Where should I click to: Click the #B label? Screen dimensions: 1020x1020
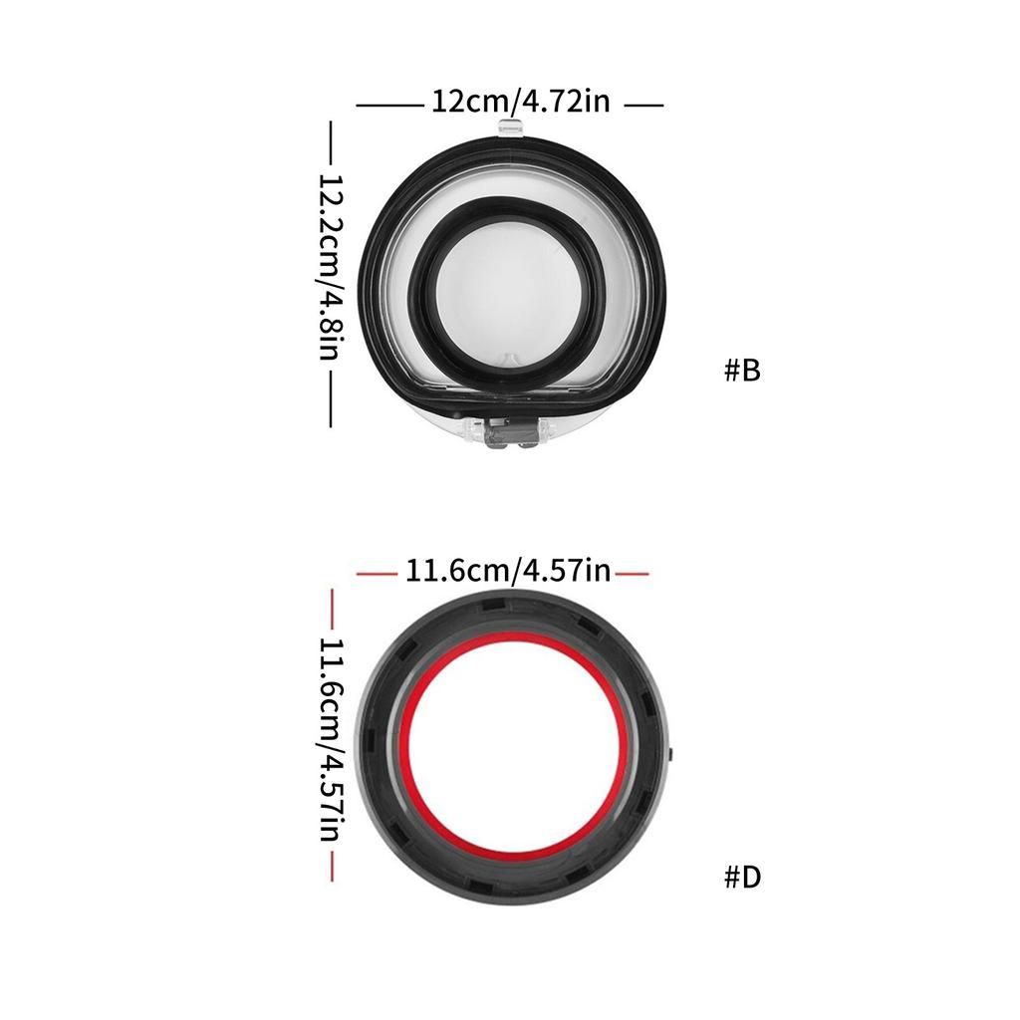click(x=742, y=371)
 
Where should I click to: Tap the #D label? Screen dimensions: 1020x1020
click(x=742, y=878)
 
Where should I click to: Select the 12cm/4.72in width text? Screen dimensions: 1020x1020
click(x=520, y=103)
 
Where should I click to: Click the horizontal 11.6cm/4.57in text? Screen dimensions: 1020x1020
click(x=507, y=572)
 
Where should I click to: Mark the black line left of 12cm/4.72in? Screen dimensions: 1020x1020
click(x=389, y=104)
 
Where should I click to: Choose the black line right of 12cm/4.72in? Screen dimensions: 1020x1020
click(x=643, y=104)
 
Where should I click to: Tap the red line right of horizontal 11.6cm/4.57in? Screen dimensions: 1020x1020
click(x=633, y=574)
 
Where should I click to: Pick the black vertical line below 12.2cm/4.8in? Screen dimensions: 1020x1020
click(x=332, y=396)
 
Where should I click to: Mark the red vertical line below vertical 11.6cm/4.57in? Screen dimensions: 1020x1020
click(x=332, y=863)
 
